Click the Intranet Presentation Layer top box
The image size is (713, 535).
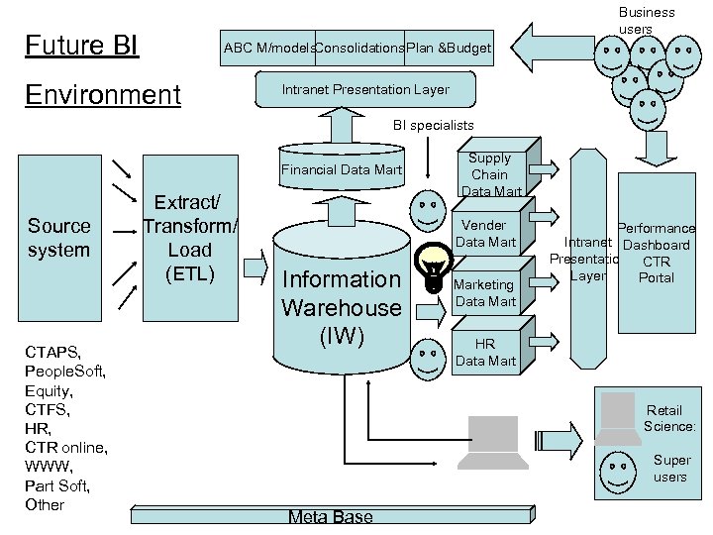[365, 90]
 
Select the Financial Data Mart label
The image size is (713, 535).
[342, 170]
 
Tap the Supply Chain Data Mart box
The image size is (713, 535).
[489, 174]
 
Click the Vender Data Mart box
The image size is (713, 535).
[485, 234]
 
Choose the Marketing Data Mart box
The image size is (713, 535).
[484, 293]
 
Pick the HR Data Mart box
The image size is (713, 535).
[484, 353]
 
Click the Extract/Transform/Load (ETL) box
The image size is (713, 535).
[189, 238]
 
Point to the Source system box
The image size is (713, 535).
[58, 238]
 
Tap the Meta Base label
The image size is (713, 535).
[331, 517]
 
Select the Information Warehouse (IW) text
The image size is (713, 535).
[342, 307]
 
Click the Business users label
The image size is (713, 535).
[647, 20]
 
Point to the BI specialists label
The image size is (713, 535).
[433, 126]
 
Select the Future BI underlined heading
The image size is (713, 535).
[81, 46]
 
